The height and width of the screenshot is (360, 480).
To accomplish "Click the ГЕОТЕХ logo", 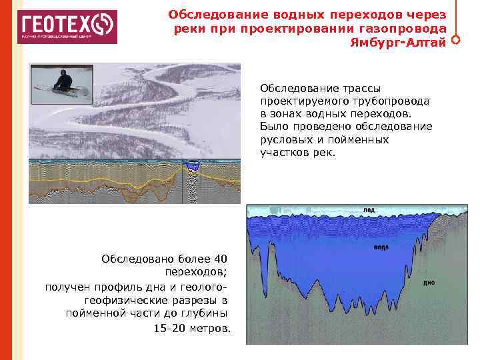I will click(x=67, y=27).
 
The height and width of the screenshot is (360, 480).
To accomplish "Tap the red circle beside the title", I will click(x=455, y=39).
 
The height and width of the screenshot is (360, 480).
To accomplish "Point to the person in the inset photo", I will click(x=63, y=81).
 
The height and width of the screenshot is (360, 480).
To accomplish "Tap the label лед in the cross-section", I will click(x=369, y=210).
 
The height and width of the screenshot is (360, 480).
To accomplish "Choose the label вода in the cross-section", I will click(x=381, y=247).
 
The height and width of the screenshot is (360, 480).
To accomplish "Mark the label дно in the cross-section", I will click(x=429, y=283).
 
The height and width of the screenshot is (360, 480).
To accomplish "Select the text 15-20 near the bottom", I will click(x=167, y=328).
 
